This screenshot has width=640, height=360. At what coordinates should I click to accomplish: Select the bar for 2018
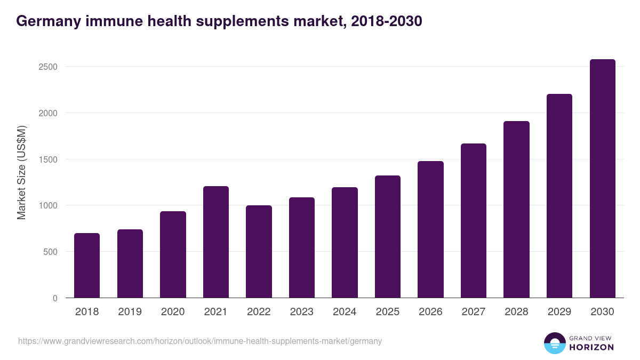[87, 266]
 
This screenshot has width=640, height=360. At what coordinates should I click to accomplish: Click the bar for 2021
[216, 242]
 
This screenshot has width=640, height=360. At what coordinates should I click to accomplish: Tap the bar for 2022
[259, 252]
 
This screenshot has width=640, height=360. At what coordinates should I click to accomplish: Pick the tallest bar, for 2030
[603, 179]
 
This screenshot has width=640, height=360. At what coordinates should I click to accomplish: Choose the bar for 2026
[430, 229]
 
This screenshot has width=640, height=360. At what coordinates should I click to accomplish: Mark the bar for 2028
[516, 210]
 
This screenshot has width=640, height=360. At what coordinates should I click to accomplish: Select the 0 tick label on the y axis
[55, 298]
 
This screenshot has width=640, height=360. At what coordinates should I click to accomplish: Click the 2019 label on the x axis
[130, 312]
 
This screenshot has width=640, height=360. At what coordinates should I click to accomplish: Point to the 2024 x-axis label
[345, 312]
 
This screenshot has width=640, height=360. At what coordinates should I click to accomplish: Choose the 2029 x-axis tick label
[559, 312]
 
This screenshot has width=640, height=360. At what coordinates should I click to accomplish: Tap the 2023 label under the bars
[302, 312]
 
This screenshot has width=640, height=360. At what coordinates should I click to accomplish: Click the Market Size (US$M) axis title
[22, 173]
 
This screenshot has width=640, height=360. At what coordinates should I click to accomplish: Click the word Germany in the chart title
[47, 21]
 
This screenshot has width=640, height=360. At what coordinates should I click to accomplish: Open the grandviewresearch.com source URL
[200, 341]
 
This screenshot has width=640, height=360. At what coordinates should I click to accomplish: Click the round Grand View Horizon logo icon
[554, 343]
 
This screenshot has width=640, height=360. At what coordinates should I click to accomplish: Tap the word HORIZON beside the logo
[591, 347]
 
